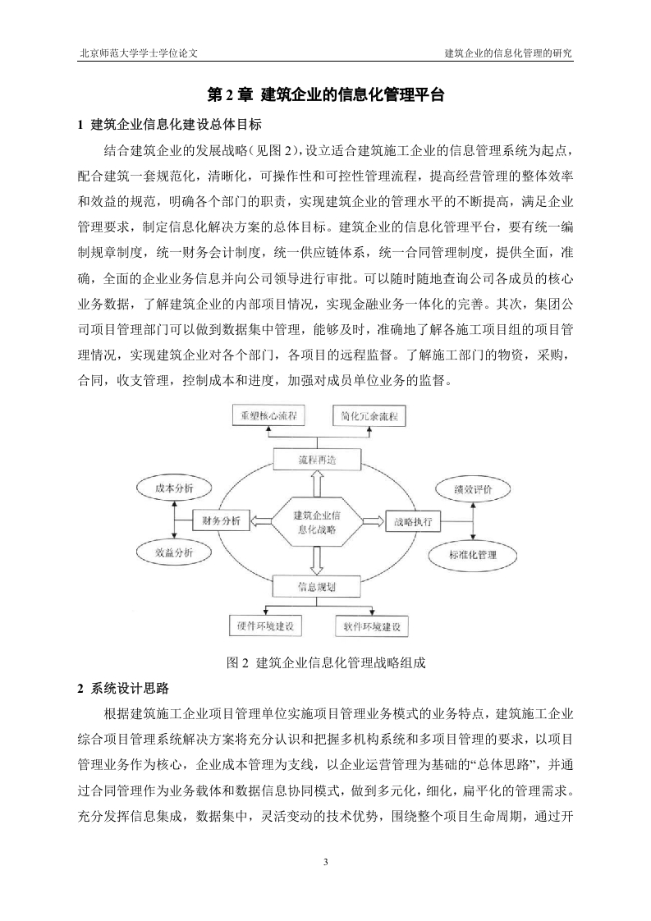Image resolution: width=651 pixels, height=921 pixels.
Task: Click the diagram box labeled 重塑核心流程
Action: click(x=265, y=415)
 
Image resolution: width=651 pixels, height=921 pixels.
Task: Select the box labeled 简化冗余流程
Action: click(x=369, y=416)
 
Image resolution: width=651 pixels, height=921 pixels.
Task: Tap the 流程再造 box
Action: click(x=317, y=460)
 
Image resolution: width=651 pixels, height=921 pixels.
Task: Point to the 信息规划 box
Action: click(x=317, y=585)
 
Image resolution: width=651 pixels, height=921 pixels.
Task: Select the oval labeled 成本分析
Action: click(x=174, y=488)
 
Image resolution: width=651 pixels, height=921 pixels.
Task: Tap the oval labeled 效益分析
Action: click(x=174, y=552)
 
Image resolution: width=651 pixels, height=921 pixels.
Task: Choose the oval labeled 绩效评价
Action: click(x=474, y=489)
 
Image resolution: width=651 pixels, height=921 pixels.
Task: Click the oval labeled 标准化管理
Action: click(x=473, y=554)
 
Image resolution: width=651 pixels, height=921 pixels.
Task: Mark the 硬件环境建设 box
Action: click(x=265, y=625)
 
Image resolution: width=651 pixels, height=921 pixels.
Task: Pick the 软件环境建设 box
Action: click(x=371, y=626)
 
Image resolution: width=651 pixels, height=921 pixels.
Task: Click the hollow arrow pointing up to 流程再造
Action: click(x=317, y=484)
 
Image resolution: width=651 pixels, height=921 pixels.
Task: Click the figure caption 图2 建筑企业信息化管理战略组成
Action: click(x=325, y=663)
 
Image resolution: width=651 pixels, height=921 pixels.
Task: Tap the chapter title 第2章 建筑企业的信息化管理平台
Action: click(x=327, y=94)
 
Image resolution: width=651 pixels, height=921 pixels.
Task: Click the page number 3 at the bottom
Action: click(x=325, y=862)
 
